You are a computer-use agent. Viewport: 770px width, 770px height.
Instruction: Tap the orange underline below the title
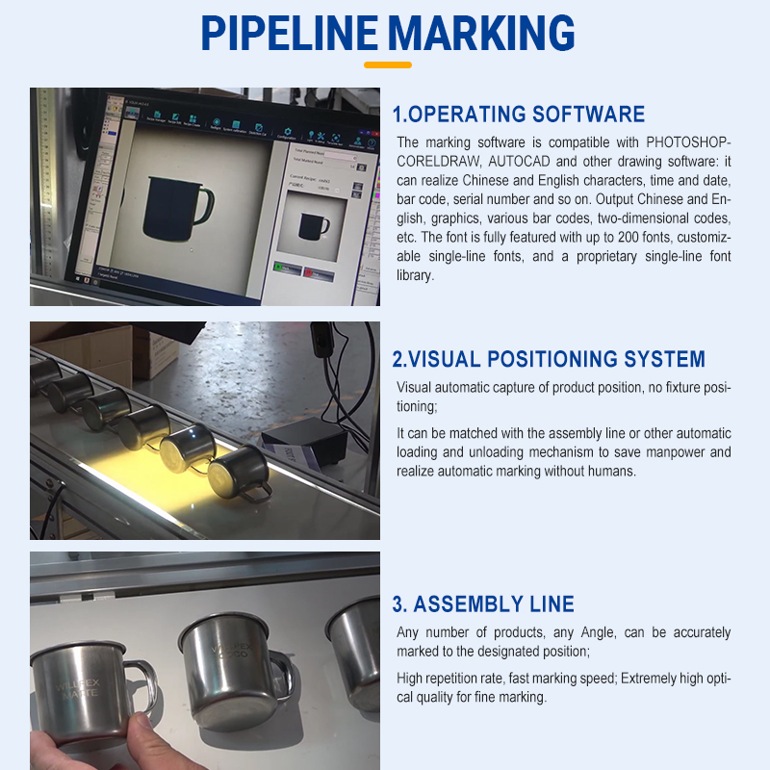pos(388,65)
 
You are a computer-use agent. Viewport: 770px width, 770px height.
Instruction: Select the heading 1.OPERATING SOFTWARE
pos(519,115)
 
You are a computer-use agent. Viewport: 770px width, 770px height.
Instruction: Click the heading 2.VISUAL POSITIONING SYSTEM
pos(549,360)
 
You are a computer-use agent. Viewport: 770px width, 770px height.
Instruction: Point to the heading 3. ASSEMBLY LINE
pos(483,604)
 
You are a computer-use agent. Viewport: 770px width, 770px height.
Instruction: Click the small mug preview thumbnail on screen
pos(314,226)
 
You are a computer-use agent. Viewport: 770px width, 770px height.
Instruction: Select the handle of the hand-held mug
pos(142,685)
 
